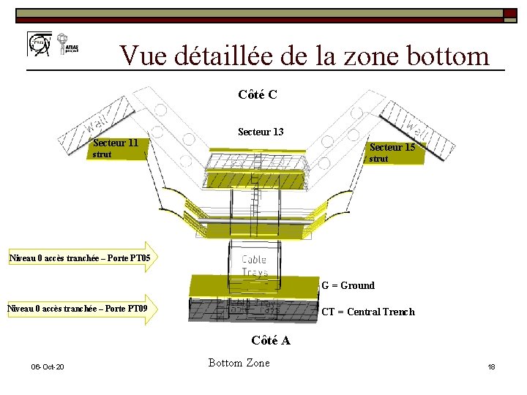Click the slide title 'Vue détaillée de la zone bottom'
pyautogui.click(x=304, y=55)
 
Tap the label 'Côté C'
pyautogui.click(x=257, y=94)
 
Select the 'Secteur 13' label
pyautogui.click(x=261, y=132)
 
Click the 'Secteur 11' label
pyautogui.click(x=116, y=143)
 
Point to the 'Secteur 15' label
pyautogui.click(x=392, y=147)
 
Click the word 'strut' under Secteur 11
pyautogui.click(x=102, y=155)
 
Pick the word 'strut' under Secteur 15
pyautogui.click(x=378, y=159)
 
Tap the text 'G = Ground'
pyautogui.click(x=348, y=285)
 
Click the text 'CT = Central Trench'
pyautogui.click(x=368, y=312)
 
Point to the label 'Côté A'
pyautogui.click(x=270, y=340)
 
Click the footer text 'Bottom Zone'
pyautogui.click(x=239, y=363)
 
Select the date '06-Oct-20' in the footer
pyautogui.click(x=47, y=366)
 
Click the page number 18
pyautogui.click(x=491, y=366)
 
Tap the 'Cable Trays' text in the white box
pyautogui.click(x=254, y=266)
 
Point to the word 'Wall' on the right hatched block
pyautogui.click(x=416, y=129)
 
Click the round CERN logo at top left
pyautogui.click(x=38, y=44)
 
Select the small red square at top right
pyautogui.click(x=508, y=13)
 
